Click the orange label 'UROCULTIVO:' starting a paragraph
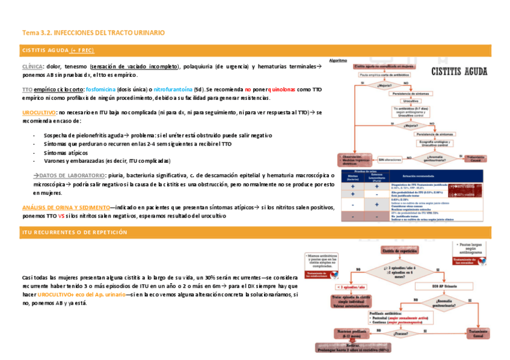38,112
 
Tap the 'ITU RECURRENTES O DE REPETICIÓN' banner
74,232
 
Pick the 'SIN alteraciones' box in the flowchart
389,159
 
